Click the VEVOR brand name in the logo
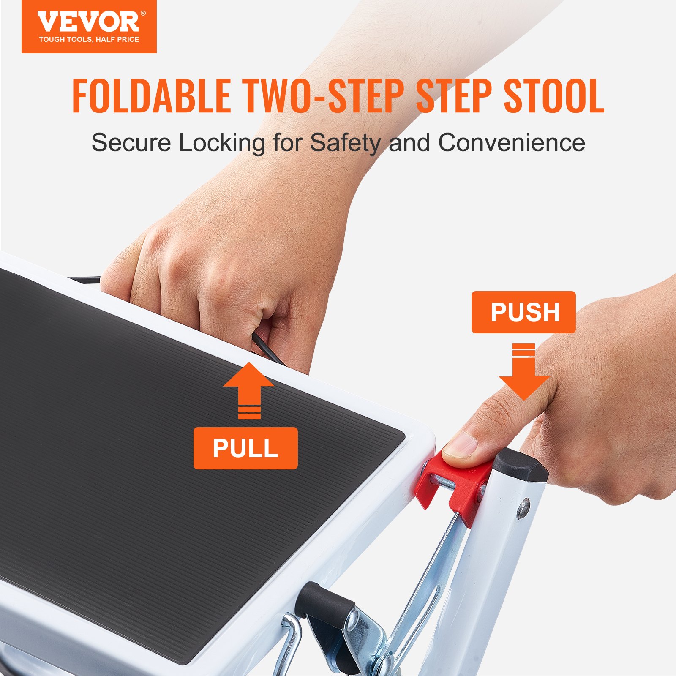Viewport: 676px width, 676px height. click(x=88, y=22)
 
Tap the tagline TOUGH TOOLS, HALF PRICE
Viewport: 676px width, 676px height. click(x=89, y=40)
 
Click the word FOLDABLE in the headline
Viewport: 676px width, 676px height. click(x=151, y=96)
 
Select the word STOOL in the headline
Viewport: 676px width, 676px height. click(x=554, y=96)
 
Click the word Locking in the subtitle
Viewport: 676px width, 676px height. click(x=221, y=143)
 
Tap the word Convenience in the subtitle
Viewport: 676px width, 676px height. click(x=512, y=143)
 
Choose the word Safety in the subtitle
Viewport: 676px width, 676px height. click(x=346, y=143)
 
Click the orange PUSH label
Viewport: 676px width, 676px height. click(x=523, y=312)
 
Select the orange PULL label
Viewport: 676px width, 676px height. click(x=245, y=448)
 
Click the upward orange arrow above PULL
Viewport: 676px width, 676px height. click(x=249, y=389)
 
